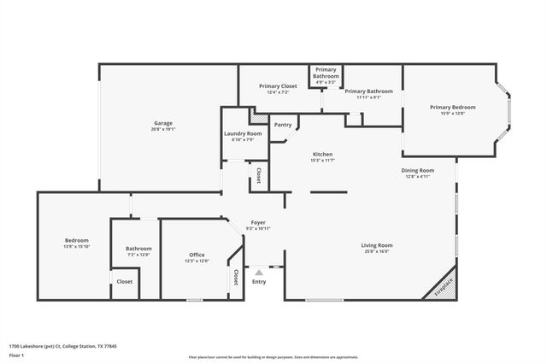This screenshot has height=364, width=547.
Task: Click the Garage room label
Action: [163, 123]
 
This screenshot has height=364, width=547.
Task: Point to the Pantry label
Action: [282, 125]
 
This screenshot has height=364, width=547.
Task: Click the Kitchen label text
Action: [322, 155]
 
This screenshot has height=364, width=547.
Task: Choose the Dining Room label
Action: [418, 170]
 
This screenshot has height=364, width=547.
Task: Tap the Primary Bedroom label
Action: [452, 107]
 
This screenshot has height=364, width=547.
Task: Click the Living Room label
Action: [376, 245]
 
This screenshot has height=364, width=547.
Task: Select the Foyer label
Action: [258, 222]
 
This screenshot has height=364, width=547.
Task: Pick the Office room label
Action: [197, 255]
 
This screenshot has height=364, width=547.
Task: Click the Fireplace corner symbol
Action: [444, 286]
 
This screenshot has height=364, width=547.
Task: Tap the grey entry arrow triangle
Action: [259, 272]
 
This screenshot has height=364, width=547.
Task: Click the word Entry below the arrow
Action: [259, 282]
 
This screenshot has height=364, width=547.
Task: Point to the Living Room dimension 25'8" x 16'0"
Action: [376, 251]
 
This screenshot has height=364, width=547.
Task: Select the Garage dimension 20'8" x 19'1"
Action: [163, 129]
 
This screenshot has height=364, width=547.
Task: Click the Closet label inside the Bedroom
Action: [125, 281]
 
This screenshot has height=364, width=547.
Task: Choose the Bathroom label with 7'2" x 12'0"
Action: [138, 249]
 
